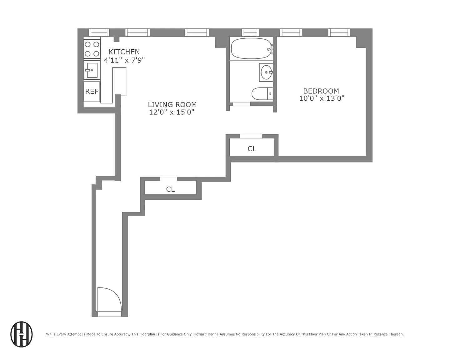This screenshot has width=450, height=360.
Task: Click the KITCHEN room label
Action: click(124, 52)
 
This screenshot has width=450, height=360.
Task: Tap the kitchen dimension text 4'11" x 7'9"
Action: click(124, 60)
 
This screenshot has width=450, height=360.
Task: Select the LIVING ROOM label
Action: click(172, 104)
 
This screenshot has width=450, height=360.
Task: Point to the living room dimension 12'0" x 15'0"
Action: click(172, 112)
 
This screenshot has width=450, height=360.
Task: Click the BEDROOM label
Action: click(321, 91)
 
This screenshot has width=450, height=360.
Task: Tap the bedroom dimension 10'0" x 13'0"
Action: click(322, 98)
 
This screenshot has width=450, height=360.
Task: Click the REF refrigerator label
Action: click(92, 92)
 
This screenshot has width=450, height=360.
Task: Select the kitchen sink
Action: click(92, 70)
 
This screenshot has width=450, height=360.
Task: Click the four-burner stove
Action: click(92, 49)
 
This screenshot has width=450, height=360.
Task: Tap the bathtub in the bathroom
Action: click(252, 48)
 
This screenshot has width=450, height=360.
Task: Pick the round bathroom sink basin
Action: click(266, 72)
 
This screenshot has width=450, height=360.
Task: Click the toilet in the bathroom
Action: click(262, 94)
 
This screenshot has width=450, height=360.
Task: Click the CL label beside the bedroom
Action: click(252, 149)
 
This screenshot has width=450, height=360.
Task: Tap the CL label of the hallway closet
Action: click(170, 189)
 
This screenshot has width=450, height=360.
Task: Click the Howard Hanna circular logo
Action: click(22, 334)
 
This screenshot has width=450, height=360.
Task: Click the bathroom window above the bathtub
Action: click(250, 32)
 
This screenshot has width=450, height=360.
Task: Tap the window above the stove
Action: click(99, 32)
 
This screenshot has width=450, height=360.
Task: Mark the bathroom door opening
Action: click(242, 104)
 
